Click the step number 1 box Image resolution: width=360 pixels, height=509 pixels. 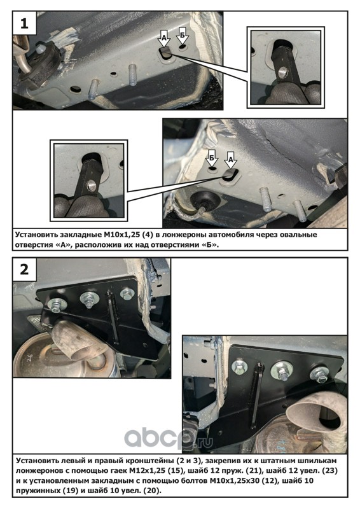coord(24,24)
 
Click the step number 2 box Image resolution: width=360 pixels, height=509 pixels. coord(24,270)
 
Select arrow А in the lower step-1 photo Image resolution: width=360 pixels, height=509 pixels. coord(231,160)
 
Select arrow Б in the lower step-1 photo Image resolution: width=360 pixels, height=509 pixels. coord(212,158)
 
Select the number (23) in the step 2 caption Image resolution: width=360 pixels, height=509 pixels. coord(329,470)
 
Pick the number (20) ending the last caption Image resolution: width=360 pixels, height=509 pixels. coord(153,490)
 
